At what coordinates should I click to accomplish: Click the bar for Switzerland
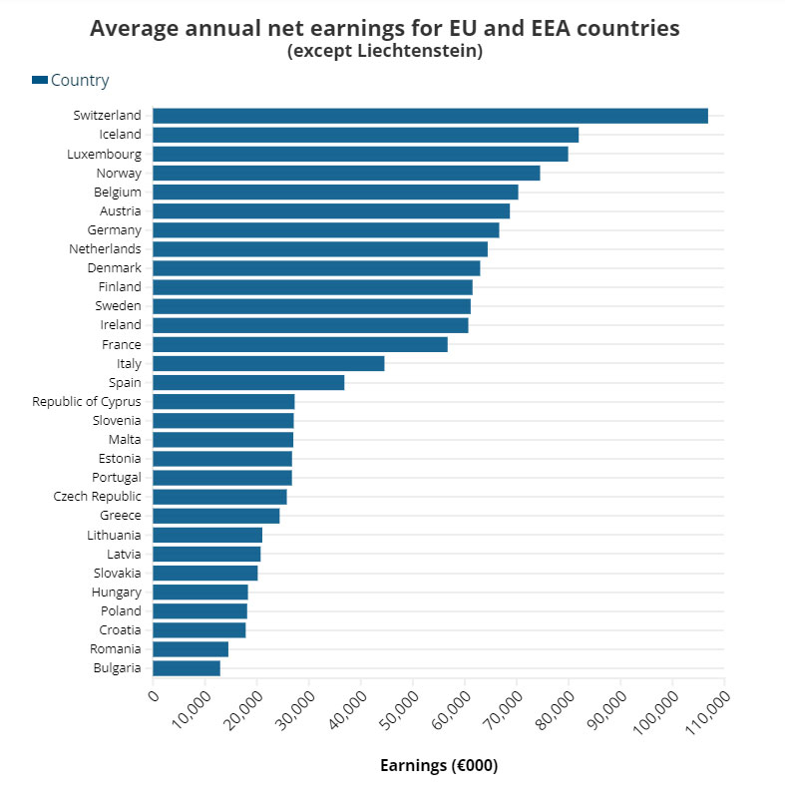coord(430,116)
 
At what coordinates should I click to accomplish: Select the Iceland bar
coord(365,135)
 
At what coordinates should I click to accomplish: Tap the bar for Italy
coord(268,363)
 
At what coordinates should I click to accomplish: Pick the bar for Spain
coord(248,382)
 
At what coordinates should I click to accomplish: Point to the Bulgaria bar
coord(187,668)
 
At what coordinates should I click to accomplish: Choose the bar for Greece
coord(216,516)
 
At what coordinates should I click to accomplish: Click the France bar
coord(300,344)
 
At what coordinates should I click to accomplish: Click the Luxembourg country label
coord(104,154)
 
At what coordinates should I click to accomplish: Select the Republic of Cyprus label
coord(87,401)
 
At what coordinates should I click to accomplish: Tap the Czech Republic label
coord(98,497)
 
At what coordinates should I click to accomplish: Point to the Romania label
coord(115,649)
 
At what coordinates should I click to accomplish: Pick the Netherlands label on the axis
coord(105,249)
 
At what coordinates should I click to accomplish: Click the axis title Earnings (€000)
coord(439,766)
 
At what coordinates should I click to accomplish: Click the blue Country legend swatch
coord(40,81)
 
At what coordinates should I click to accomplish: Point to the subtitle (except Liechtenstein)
coord(385,51)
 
